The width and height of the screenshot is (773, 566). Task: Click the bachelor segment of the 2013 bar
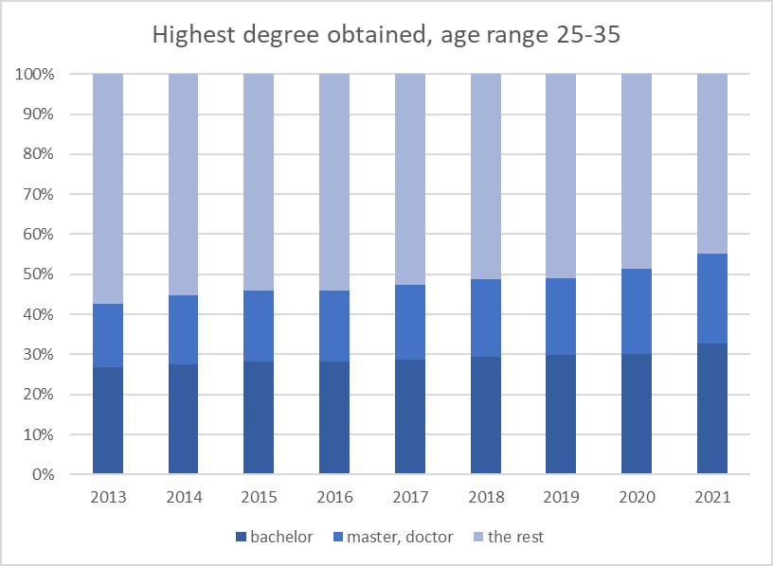click(108, 420)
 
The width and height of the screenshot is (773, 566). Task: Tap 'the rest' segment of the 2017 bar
click(410, 179)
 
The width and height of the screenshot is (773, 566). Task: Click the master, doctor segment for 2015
click(259, 326)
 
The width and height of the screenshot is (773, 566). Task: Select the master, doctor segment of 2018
click(485, 318)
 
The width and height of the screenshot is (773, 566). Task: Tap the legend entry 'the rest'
click(516, 537)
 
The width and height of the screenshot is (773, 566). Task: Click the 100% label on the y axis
click(34, 74)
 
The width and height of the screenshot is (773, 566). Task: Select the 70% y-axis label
click(37, 194)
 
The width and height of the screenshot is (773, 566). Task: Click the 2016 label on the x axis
click(334, 495)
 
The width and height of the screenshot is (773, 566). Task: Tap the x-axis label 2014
click(184, 495)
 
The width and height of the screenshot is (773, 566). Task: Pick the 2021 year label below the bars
click(711, 495)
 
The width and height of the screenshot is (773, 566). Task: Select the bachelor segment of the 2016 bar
click(334, 417)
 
